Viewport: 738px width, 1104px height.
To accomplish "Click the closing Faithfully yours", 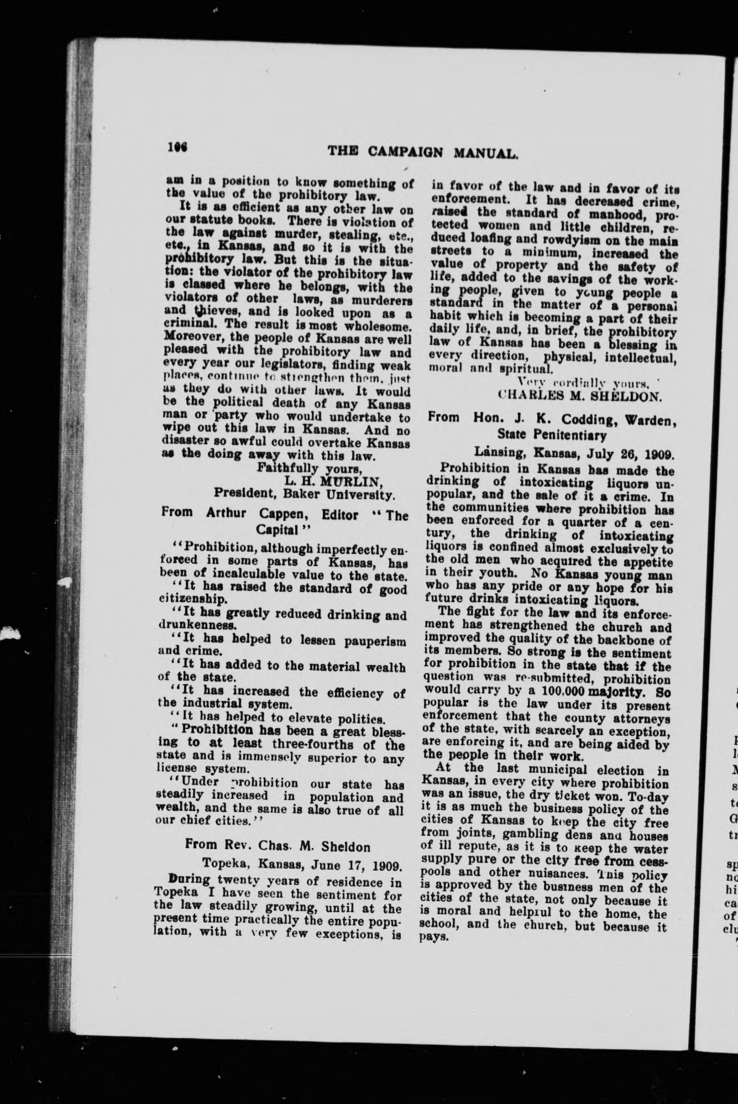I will pyautogui.click(x=295, y=468).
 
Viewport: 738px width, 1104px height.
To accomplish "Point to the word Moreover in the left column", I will pyautogui.click(x=189, y=340).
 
